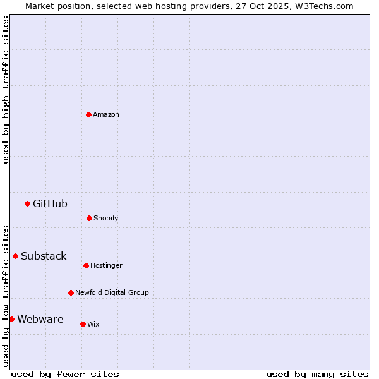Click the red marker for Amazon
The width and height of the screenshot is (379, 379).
(88, 114)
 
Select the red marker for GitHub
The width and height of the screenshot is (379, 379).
(27, 203)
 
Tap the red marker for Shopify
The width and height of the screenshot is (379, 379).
(89, 218)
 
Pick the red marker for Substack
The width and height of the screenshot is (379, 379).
(15, 256)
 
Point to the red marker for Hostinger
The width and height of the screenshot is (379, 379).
(86, 265)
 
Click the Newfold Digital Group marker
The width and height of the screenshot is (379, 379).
(71, 292)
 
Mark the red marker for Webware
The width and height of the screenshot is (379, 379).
(11, 319)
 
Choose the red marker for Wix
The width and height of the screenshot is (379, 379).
(83, 324)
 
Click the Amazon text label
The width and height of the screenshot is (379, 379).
(106, 114)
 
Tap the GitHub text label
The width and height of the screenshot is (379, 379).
(50, 203)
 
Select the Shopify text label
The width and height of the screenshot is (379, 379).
(106, 218)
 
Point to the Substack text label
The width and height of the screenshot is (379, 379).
(44, 256)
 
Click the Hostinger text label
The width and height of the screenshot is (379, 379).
(106, 265)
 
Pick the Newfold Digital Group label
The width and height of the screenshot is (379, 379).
(112, 292)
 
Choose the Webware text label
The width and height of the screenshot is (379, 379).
(40, 319)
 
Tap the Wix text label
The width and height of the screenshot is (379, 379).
(93, 324)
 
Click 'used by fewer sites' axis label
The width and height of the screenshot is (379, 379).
(65, 374)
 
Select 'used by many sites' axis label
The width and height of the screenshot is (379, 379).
(317, 374)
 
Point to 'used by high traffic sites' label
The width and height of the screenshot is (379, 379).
(6, 90)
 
